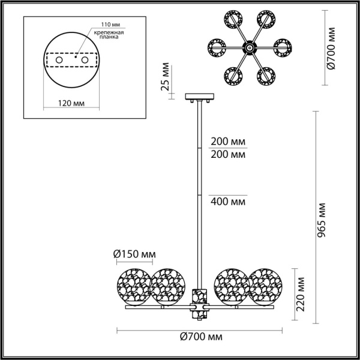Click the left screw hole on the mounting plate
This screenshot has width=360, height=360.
pyautogui.click(x=59, y=61)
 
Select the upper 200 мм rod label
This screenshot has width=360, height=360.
pyautogui.click(x=228, y=143)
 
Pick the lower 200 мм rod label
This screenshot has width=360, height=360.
pyautogui.click(x=228, y=155)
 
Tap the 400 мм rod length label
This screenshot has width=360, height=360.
pyautogui.click(x=228, y=201)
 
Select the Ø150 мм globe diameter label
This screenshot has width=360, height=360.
pyautogui.click(x=133, y=255)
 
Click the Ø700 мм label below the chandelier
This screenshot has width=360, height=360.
pyautogui.click(x=200, y=338)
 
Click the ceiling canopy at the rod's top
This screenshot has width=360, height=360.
pyautogui.click(x=197, y=96)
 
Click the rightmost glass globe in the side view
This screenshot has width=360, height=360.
pyautogui.click(x=265, y=286)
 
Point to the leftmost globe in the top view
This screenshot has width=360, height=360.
pyautogui.click(x=217, y=45)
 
